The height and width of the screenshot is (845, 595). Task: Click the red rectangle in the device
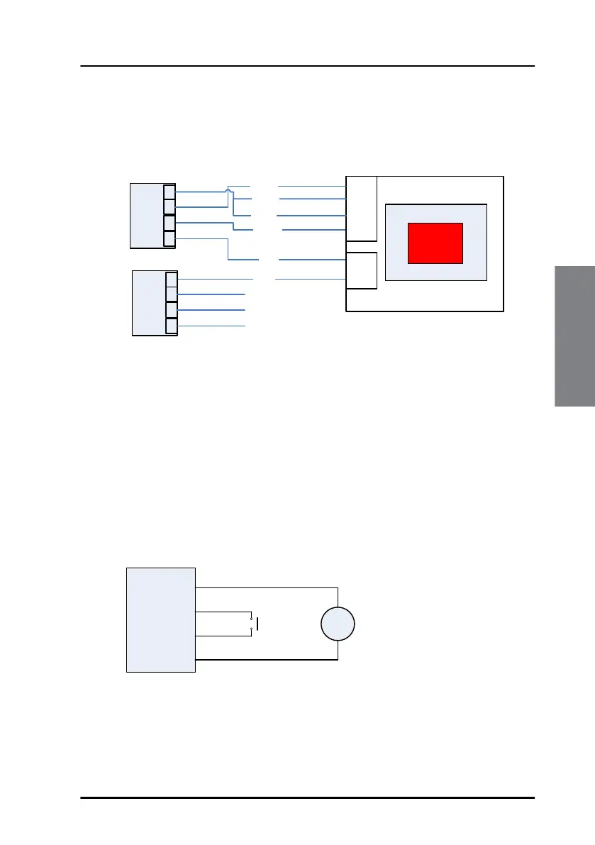(435, 243)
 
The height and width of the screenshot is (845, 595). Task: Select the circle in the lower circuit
(338, 625)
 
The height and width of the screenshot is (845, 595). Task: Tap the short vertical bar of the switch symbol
(257, 624)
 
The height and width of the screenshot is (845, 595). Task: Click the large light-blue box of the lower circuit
(160, 619)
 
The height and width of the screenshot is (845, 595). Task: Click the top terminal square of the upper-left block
(169, 192)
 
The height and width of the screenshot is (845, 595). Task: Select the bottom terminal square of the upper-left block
(169, 238)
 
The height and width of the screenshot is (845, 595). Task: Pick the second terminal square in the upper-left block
(169, 207)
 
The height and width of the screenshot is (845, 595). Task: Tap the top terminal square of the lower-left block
(172, 279)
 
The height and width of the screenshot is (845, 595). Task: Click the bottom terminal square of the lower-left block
(172, 326)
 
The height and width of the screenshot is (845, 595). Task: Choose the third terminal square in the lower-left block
(172, 310)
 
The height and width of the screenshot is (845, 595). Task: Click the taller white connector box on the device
(361, 209)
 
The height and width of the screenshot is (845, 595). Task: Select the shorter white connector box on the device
(361, 270)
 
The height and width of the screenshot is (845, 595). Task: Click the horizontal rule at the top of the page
(307, 67)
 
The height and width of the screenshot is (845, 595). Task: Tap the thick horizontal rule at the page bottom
(307, 797)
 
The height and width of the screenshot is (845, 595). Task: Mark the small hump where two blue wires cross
(227, 189)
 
